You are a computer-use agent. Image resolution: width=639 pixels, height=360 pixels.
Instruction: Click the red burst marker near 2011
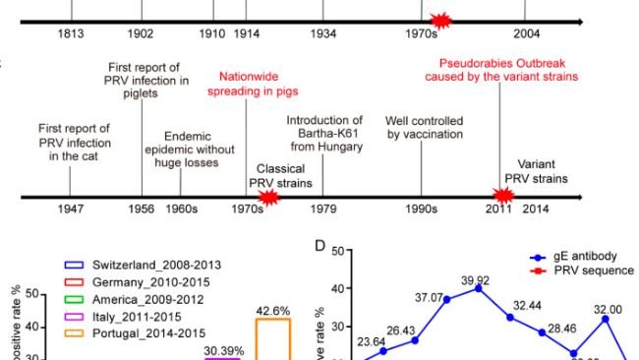pos(501,196)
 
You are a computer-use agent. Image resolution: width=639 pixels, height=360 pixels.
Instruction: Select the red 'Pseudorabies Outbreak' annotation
pos(501,68)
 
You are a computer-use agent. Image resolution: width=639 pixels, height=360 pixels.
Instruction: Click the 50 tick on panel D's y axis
pos(335,251)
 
